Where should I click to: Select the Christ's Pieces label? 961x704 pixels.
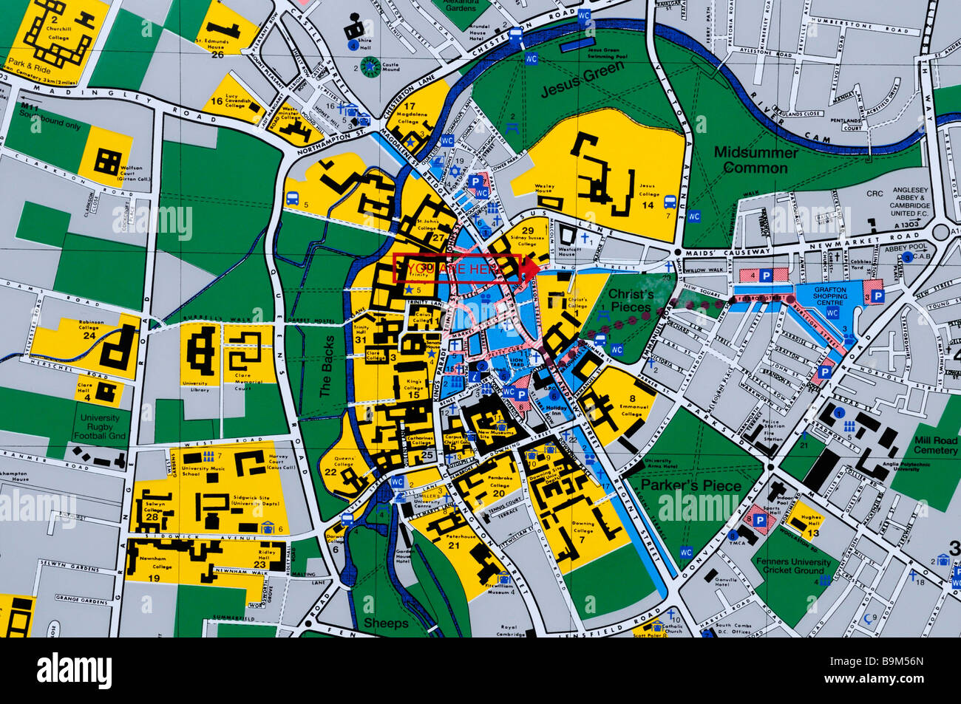click(631, 300)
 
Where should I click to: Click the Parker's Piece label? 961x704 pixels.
click(690, 485)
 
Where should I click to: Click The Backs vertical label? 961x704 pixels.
click(327, 367)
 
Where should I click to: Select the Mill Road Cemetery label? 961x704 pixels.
click(935, 445)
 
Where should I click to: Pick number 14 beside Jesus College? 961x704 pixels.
click(649, 205)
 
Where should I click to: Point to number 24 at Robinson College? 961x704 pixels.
click(89, 335)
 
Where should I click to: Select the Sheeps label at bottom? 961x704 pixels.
click(385, 623)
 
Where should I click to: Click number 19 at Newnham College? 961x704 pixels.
click(154, 578)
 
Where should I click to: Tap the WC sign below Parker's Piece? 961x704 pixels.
click(685, 551)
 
